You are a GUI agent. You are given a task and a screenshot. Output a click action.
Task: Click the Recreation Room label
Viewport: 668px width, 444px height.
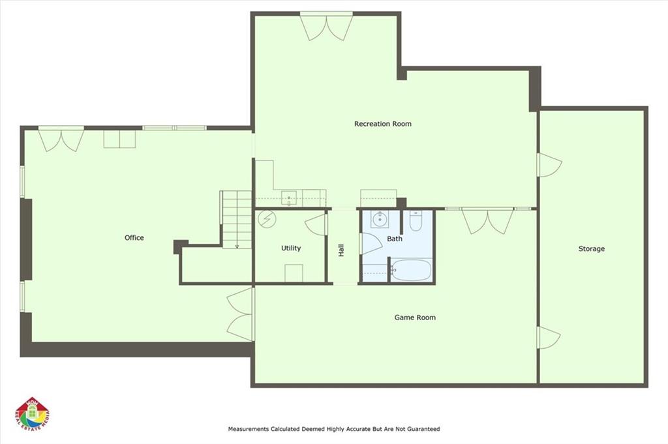coord(382,124)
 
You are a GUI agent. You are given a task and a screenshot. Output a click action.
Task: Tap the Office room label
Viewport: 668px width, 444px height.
coord(134,238)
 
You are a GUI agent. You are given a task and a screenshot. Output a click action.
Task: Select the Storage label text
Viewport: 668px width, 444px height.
coord(591,249)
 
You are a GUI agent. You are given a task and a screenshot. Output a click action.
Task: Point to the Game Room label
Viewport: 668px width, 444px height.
coord(415,318)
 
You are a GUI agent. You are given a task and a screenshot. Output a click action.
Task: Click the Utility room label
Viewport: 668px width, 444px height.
coord(291,248)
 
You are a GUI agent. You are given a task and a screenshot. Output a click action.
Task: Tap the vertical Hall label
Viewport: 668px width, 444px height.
coord(341,250)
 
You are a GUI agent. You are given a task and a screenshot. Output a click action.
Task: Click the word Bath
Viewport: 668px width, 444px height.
coord(395,239)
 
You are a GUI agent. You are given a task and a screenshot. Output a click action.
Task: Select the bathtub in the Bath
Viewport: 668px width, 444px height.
coord(412,269)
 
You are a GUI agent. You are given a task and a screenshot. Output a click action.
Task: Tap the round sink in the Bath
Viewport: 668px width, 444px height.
coord(378,219)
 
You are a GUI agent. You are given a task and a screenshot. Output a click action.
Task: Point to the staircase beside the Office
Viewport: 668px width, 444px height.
coord(236,218)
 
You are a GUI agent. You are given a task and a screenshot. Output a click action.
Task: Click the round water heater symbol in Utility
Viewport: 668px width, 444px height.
coord(266,218)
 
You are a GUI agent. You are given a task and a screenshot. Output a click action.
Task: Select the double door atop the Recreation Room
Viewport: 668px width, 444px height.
coord(326,27)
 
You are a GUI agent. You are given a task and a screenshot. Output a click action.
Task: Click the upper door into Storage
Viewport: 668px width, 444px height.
coord(548,164)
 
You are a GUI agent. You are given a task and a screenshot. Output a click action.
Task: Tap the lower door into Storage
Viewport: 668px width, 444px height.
coord(547,338)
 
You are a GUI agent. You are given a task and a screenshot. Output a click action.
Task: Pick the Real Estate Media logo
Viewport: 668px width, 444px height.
coord(32,413)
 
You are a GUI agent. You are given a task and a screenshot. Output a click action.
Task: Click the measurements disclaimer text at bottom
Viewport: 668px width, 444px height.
coord(333,429)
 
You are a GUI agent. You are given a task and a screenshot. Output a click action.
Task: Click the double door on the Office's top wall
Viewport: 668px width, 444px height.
coord(61,138)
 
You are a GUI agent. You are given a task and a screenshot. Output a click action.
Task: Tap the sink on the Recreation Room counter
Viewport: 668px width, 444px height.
coord(290,197)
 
